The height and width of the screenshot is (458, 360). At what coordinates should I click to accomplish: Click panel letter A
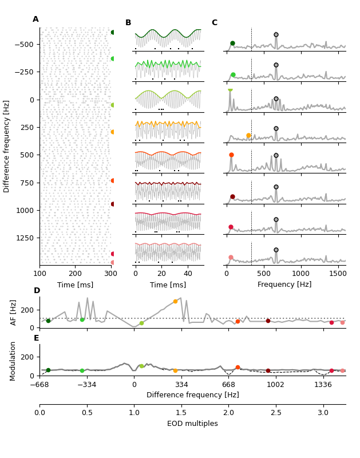[35, 19]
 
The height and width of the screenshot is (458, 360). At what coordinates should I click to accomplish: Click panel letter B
[128, 23]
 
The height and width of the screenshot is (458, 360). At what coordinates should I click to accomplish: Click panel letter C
[214, 23]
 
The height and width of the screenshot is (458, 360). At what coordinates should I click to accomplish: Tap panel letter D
[37, 291]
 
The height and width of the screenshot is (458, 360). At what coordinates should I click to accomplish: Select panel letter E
[37, 338]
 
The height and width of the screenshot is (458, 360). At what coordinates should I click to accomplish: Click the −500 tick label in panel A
[25, 44]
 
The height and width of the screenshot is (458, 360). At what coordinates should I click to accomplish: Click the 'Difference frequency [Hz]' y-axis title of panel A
[7, 146]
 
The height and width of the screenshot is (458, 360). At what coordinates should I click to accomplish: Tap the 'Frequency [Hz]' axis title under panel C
[284, 285]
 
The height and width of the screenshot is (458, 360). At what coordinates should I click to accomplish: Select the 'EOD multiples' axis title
[192, 424]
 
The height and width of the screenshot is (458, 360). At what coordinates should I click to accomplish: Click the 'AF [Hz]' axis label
[14, 312]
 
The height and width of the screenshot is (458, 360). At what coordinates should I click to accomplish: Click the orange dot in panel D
[175, 301]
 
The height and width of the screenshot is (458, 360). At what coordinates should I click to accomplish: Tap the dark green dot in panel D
[48, 321]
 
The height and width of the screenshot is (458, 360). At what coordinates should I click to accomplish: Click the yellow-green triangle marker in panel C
[230, 90]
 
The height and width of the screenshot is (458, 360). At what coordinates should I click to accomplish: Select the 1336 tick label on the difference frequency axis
[323, 385]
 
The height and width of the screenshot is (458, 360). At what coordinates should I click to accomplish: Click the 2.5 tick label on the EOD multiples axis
[276, 413]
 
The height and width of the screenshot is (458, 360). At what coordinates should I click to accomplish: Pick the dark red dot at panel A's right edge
[113, 204]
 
